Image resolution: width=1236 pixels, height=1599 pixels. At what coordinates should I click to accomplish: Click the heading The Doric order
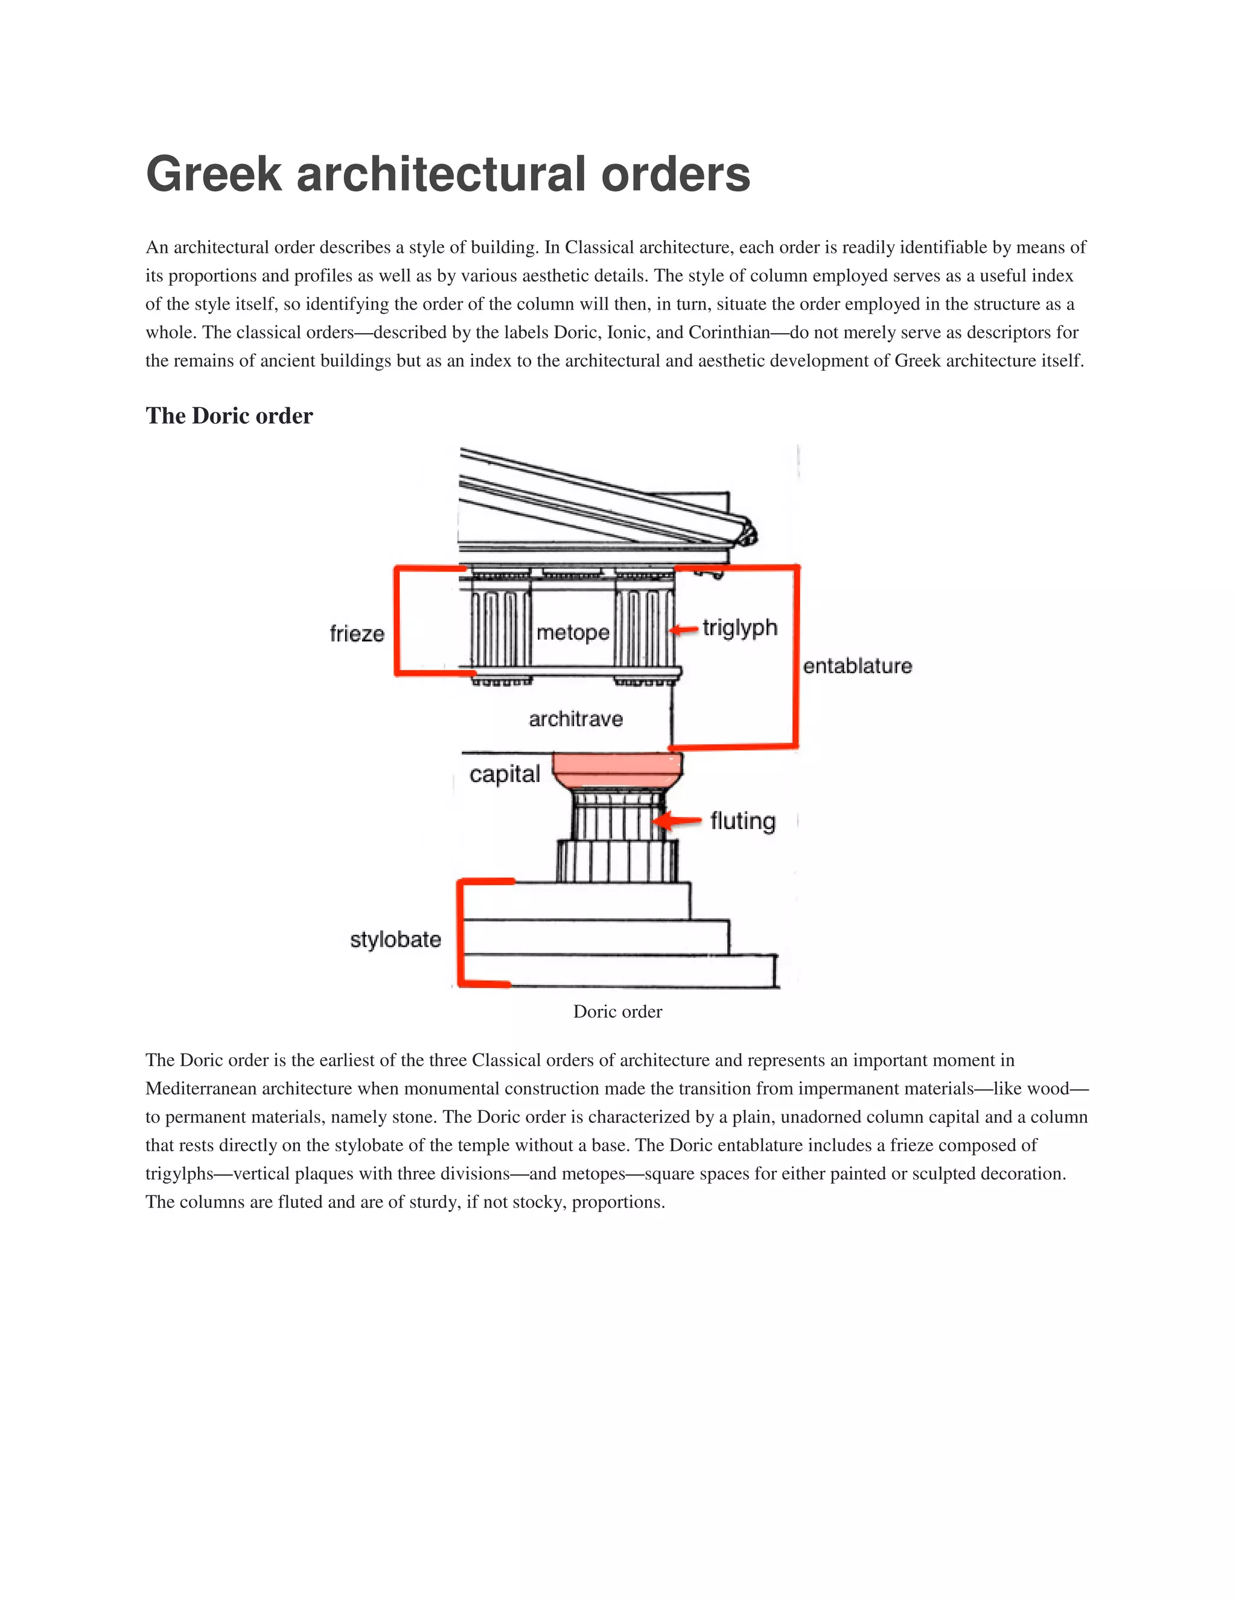(x=229, y=416)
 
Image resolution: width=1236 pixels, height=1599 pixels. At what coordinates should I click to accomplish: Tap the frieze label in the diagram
(x=357, y=634)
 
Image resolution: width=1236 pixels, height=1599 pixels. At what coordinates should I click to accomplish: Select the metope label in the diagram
(x=573, y=632)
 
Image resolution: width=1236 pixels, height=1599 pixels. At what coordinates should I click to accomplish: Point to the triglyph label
(x=739, y=628)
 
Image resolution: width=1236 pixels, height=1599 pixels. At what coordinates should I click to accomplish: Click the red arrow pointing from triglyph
(x=684, y=629)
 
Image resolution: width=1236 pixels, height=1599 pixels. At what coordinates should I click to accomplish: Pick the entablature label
(x=857, y=666)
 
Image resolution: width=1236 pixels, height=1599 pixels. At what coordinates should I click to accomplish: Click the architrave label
(x=576, y=719)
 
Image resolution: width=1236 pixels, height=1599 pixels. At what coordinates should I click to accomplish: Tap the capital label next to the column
(x=505, y=774)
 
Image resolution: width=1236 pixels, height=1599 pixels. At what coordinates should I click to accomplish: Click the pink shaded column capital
(x=617, y=769)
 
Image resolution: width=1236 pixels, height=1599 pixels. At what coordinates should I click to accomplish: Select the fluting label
(x=742, y=821)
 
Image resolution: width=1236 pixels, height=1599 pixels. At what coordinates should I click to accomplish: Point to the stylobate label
(x=395, y=939)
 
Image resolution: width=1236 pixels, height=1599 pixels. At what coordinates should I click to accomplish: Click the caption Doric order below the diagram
(x=617, y=1011)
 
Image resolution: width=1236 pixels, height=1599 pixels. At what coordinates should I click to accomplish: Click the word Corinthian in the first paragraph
(x=728, y=332)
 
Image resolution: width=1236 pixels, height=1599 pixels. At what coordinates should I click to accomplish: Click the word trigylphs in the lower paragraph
(x=179, y=1174)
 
